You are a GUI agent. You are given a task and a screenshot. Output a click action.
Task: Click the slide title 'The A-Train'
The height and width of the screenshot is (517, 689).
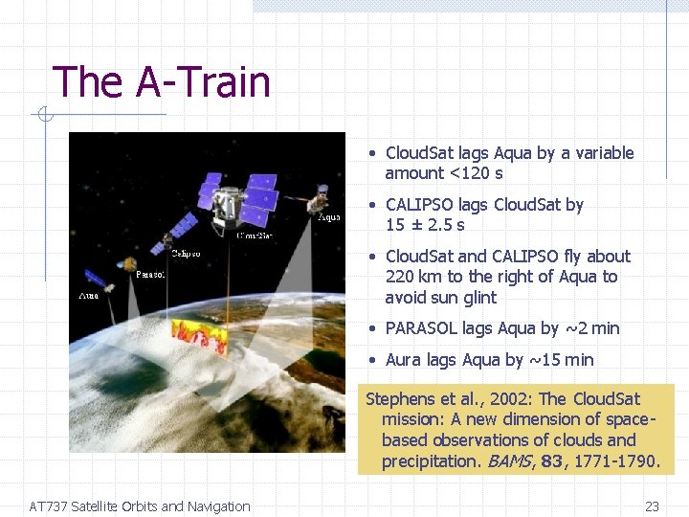point(161,82)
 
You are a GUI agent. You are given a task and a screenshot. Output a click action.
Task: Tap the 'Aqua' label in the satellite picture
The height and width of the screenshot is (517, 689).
point(328,217)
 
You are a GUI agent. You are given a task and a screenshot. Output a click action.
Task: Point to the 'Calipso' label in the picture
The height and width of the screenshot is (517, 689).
point(186,254)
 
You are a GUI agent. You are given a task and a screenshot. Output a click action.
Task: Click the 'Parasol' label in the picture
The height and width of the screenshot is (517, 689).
point(150,275)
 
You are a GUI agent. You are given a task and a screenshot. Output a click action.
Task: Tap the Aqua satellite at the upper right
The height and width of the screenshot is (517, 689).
point(315,201)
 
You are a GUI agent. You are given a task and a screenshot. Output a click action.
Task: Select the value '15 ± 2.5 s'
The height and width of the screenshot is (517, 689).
point(425,225)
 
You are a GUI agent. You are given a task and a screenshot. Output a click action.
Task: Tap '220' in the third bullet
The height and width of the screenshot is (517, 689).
point(399,277)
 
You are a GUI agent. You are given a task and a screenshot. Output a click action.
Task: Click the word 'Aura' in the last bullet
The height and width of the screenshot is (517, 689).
point(406,360)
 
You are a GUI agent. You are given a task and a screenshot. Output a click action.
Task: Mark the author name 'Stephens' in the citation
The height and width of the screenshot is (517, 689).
point(400,399)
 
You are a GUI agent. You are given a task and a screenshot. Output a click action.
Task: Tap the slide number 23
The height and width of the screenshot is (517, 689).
point(653,506)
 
